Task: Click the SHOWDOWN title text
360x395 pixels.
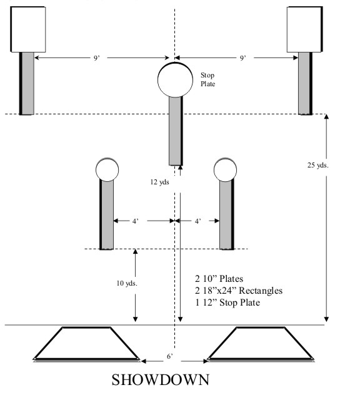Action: tap(160, 380)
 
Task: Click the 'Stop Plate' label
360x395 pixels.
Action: tap(208, 79)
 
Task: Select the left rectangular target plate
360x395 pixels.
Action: tap(28, 29)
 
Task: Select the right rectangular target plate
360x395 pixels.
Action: tap(304, 29)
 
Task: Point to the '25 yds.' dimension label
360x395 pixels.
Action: tap(318, 165)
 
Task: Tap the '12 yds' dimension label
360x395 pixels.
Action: tap(160, 182)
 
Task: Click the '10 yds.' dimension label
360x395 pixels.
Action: tap(127, 283)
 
